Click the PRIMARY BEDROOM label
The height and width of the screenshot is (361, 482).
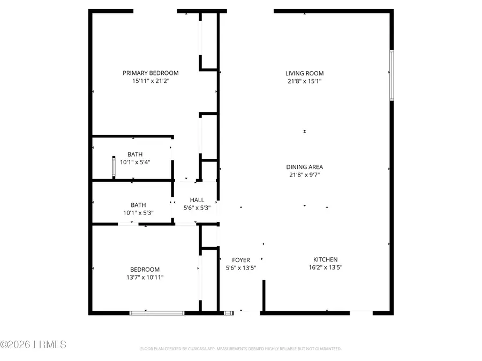tap(150, 73)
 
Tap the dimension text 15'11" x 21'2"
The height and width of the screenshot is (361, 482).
tap(150, 81)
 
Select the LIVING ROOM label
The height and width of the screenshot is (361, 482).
tap(304, 73)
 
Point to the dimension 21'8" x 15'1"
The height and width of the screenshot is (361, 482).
tap(304, 81)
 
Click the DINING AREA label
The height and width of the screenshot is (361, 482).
tap(304, 167)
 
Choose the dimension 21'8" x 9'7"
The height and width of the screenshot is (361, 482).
tap(304, 175)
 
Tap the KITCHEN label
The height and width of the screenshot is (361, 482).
tap(325, 259)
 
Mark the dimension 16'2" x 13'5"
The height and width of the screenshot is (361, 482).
tap(325, 267)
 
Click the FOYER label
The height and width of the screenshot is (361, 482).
tap(241, 260)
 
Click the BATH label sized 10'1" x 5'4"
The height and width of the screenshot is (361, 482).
tap(135, 155)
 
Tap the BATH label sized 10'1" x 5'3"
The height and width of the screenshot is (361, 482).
tap(138, 205)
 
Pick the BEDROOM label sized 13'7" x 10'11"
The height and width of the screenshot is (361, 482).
tap(145, 270)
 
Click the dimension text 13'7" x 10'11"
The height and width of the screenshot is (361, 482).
tap(145, 278)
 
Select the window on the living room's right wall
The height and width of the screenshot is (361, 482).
tap(391, 75)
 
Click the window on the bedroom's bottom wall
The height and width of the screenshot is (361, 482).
tap(157, 312)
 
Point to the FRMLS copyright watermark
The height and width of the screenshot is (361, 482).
tap(33, 344)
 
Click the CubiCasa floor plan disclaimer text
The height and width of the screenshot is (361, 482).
tap(240, 349)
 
